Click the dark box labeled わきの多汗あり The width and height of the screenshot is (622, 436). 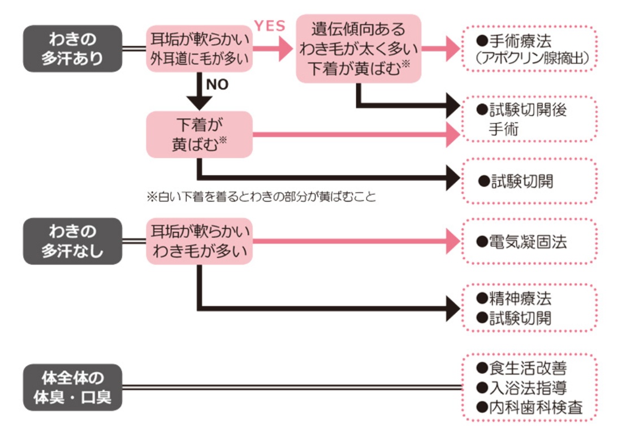(x=72, y=49)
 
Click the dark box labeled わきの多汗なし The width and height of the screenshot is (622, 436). (x=72, y=241)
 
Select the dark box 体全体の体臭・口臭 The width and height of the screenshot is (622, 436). (x=72, y=387)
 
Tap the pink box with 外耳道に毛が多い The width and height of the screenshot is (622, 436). (x=200, y=49)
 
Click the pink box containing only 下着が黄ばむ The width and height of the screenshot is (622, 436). (x=199, y=134)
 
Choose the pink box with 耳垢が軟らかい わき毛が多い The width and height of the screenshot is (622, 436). (x=200, y=241)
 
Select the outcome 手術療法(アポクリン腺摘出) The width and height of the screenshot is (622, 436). (x=529, y=49)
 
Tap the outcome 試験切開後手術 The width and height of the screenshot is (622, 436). (x=529, y=119)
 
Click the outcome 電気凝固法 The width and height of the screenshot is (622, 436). (x=529, y=242)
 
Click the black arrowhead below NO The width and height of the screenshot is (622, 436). (x=199, y=102)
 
